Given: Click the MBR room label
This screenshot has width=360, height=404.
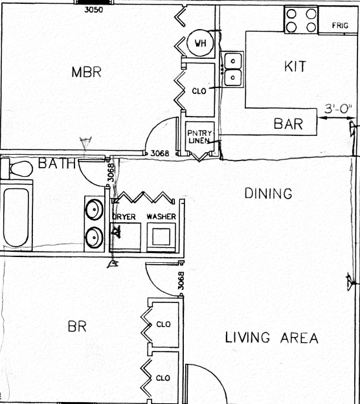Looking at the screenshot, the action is point(86,72).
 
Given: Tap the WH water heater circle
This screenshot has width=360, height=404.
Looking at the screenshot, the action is point(200,43).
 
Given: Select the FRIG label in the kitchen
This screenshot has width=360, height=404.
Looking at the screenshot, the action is point(340,25).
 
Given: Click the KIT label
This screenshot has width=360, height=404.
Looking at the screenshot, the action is point(295,66).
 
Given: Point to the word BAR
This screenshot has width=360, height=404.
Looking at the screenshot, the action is point(288,124).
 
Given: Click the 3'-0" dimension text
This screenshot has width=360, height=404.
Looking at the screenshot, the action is point(338,109).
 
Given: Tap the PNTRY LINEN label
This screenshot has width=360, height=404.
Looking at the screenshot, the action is point(199,137).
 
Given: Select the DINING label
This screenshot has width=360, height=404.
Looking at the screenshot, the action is point(268,193).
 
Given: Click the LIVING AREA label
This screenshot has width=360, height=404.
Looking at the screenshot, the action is point(271,337).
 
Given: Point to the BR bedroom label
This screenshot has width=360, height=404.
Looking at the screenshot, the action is point(77,326).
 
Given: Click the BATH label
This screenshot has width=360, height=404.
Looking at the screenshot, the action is point(57,163).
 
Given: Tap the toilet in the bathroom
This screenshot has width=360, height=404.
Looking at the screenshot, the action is point(16,168).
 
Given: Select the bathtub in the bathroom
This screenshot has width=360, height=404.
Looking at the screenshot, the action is point(16,217).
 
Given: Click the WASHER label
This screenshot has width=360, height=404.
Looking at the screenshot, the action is point(161,216).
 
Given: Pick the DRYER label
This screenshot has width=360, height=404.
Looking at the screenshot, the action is point(124,217).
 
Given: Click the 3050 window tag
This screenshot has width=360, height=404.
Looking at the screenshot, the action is point(94,10).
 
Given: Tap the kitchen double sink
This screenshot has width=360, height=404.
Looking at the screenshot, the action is point(233,69).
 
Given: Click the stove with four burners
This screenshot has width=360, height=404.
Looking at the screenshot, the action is point(301,20).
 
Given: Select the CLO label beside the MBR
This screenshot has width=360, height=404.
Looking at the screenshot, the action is point(199,91).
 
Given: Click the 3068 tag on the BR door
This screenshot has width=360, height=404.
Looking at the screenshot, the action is point(181,280).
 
